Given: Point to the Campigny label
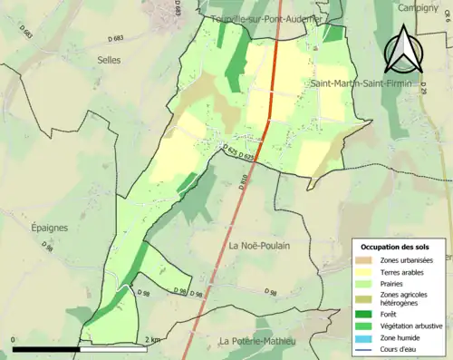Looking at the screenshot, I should pos(418,7).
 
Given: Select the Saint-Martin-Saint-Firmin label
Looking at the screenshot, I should pos(369,84).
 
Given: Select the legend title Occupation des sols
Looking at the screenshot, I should pos(397,246).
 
